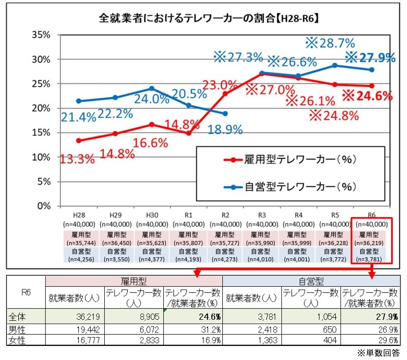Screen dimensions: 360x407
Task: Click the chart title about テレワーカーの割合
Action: [x=208, y=19]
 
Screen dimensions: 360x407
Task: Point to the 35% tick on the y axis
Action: [x=41, y=35]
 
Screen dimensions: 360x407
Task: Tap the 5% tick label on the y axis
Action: [x=43, y=182]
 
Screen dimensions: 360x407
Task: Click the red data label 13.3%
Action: [x=78, y=159]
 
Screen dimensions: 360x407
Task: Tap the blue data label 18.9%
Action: [x=225, y=129]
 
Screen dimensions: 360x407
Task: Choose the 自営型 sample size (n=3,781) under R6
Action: [x=369, y=258]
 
